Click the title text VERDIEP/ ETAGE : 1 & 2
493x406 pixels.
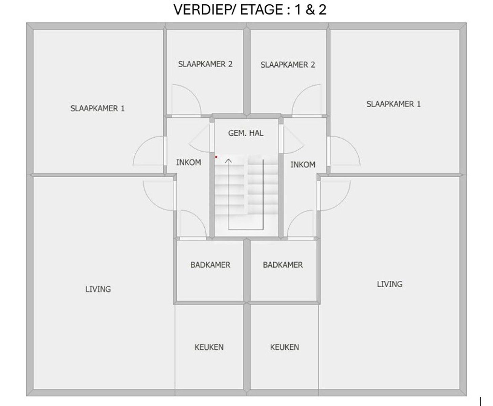[x=250, y=9]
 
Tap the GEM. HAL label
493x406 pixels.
[x=246, y=133]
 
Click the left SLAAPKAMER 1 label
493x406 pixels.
[x=97, y=109]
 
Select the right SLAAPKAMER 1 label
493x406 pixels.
[x=394, y=104]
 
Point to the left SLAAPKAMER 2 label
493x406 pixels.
[x=205, y=64]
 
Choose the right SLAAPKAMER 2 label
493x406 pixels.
[x=288, y=65]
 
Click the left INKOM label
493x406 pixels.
[x=188, y=162]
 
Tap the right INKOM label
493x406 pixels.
[x=303, y=165]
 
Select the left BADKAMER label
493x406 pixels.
[x=210, y=265]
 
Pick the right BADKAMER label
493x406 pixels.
[x=283, y=265]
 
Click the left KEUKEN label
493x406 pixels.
[x=209, y=347]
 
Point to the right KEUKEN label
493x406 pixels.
[x=285, y=347]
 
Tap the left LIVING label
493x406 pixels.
[x=98, y=289]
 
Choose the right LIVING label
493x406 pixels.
[x=390, y=284]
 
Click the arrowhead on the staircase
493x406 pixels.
[x=229, y=160]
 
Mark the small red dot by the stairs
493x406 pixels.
[x=216, y=157]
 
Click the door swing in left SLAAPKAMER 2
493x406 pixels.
[x=186, y=100]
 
